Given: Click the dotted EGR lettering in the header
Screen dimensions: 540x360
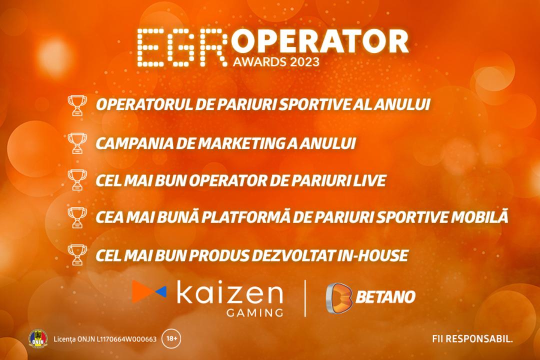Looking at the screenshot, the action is click(x=182, y=47).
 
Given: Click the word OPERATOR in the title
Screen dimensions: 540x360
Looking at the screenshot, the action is click(x=320, y=41).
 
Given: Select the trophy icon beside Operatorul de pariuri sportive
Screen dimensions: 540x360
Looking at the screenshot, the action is click(x=77, y=105).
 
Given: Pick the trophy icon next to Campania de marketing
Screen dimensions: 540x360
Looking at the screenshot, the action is click(x=77, y=143).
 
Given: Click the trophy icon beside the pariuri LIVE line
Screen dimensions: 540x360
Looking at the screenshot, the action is click(x=77, y=180).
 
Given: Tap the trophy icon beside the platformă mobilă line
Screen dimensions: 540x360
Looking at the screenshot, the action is click(x=77, y=217).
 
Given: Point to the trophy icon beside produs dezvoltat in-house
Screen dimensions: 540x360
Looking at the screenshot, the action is click(x=77, y=255).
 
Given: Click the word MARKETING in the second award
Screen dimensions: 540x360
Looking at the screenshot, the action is click(x=241, y=143).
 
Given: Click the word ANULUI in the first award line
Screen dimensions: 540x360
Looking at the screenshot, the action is click(x=402, y=104).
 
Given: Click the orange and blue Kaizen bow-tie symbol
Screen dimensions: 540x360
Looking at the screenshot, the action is click(x=149, y=291).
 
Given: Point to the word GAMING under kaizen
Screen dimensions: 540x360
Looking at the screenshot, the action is click(x=255, y=312).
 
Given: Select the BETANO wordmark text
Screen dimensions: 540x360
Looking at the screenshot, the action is click(x=385, y=297).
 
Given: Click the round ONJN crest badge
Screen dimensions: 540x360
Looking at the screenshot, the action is click(x=38, y=338).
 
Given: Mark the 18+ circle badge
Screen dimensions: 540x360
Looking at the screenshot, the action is click(x=171, y=338).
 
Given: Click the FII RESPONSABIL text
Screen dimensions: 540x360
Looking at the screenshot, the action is click(x=472, y=339).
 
